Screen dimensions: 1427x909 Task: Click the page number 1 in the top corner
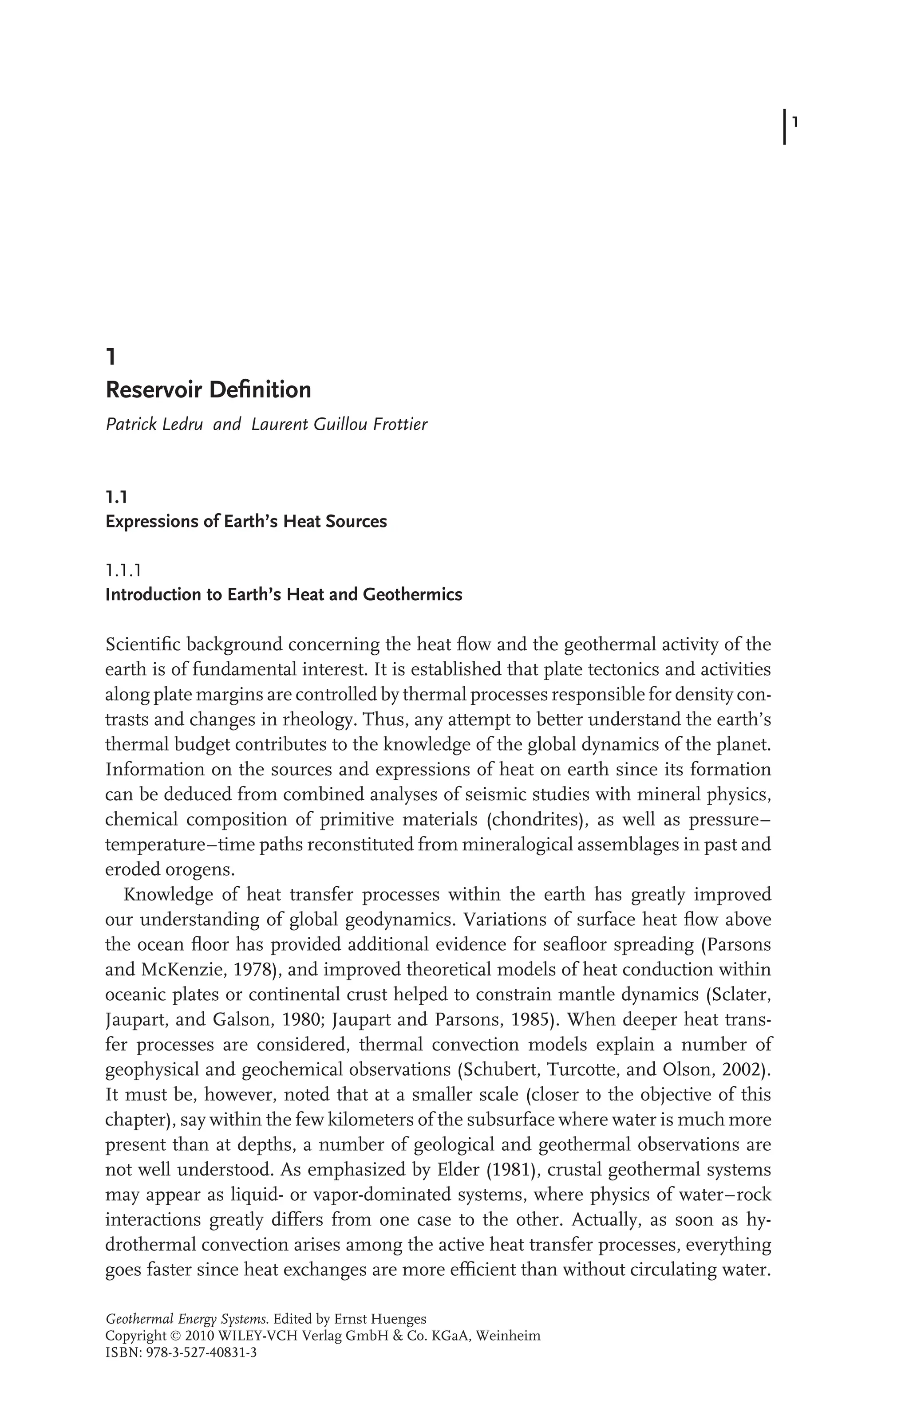pyautogui.click(x=795, y=123)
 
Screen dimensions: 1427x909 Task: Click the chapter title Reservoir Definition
pyautogui.click(x=208, y=390)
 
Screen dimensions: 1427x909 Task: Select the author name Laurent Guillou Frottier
pyautogui.click(x=339, y=425)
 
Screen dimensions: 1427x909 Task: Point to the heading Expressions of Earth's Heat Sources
pyautogui.click(x=246, y=522)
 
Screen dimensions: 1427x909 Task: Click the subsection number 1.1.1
pyautogui.click(x=123, y=571)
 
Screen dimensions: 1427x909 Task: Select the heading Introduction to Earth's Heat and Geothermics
pyautogui.click(x=284, y=594)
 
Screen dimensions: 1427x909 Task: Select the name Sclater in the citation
pyautogui.click(x=743, y=995)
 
